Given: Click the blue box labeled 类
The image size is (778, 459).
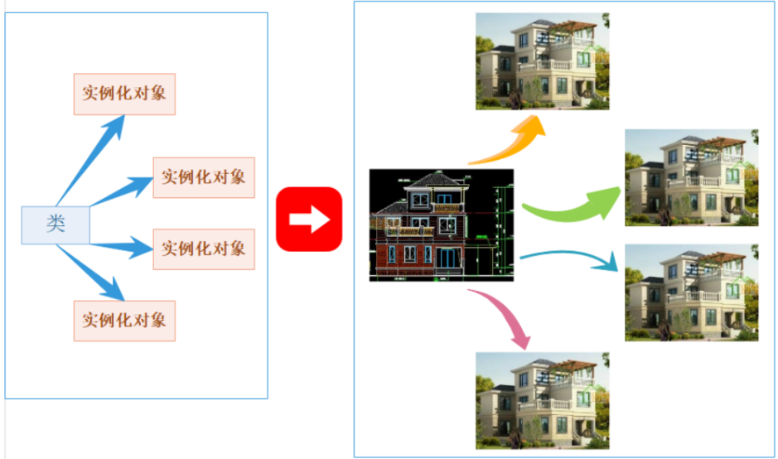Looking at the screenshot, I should click(x=56, y=224).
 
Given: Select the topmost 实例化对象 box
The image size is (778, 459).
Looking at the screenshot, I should click(x=124, y=92).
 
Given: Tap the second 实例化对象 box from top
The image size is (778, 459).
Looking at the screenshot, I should click(x=204, y=176).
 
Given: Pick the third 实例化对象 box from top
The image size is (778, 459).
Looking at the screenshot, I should click(x=204, y=248).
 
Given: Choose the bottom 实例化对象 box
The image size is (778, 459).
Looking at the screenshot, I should click(x=124, y=320).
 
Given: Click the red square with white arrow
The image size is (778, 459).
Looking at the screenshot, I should click(x=309, y=220).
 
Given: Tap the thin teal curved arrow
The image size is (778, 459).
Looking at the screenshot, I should click(x=572, y=258).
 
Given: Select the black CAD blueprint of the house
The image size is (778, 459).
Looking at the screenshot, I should click(x=442, y=225).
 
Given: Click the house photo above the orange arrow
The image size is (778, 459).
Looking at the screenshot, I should click(x=543, y=61).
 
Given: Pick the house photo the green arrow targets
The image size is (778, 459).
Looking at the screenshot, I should click(x=692, y=177).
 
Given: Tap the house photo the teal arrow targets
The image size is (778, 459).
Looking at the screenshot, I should click(x=692, y=292).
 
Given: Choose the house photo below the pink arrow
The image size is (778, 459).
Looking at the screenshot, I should click(x=543, y=400).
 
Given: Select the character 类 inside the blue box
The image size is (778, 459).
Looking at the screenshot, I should click(x=56, y=224).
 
